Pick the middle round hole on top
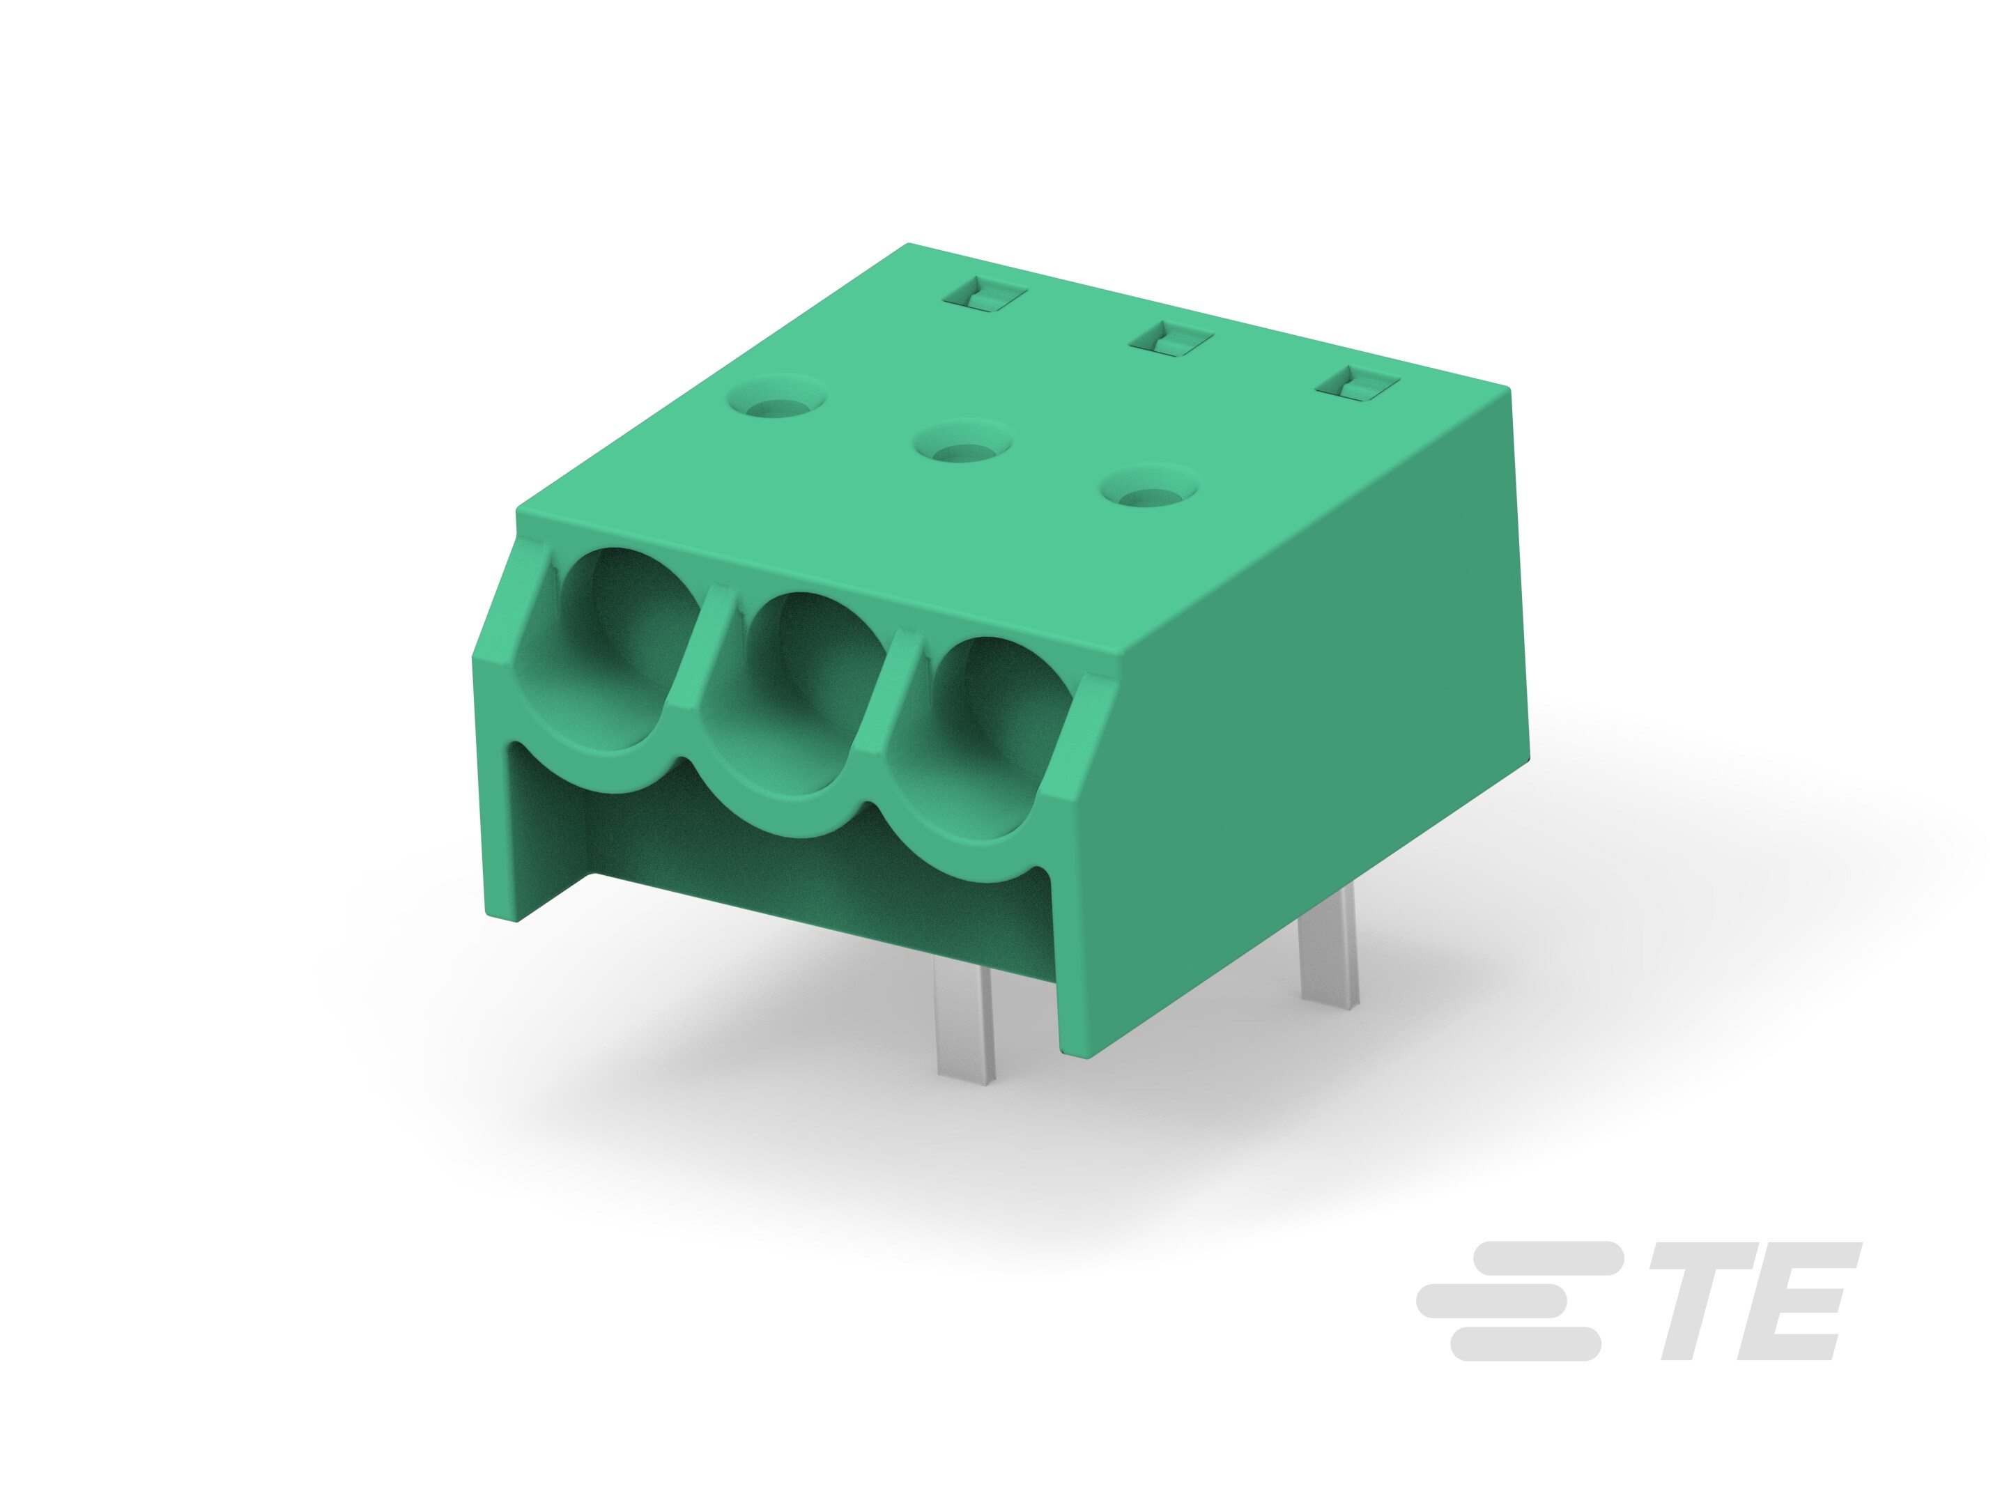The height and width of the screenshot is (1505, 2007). [962, 447]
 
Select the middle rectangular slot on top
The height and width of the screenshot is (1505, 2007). [1171, 340]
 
